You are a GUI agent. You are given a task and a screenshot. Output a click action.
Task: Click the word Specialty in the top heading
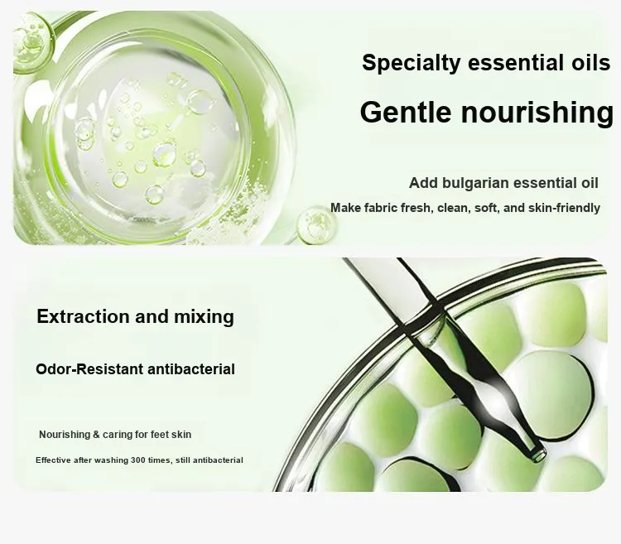pos(412,64)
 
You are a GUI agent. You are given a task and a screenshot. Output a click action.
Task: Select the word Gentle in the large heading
pos(406,112)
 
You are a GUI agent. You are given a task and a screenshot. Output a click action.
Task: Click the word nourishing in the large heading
pos(537,113)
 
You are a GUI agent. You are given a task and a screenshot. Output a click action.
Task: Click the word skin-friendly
pos(565,208)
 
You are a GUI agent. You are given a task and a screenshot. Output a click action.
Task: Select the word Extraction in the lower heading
pos(83,317)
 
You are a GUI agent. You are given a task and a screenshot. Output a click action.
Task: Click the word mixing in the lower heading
pos(205,317)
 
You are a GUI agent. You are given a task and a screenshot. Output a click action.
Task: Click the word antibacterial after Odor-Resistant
pos(191,369)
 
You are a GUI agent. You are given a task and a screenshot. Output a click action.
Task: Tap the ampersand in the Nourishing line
pos(96,435)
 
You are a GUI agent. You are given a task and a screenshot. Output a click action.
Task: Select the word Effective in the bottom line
pos(54,460)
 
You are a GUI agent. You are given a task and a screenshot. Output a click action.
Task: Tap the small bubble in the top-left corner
pos(31,37)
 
